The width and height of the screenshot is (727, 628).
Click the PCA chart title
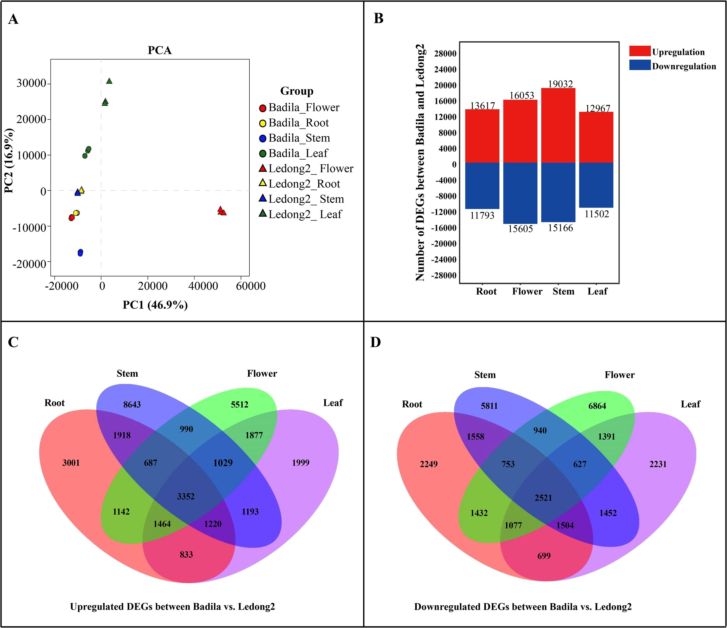pyautogui.click(x=160, y=50)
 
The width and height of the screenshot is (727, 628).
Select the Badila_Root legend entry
pyautogui.click(x=298, y=123)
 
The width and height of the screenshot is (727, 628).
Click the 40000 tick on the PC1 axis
pyautogui.click(x=203, y=286)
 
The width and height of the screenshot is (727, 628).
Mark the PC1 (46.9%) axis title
pyautogui.click(x=155, y=305)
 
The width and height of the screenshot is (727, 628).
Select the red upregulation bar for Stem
pyautogui.click(x=558, y=125)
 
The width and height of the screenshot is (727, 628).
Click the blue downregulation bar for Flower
pyautogui.click(x=520, y=193)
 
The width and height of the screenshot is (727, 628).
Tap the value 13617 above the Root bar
pyautogui.click(x=483, y=106)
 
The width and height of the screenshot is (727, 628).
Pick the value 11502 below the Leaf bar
pyautogui.click(x=597, y=214)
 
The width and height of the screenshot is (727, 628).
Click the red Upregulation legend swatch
pyautogui.click(x=640, y=51)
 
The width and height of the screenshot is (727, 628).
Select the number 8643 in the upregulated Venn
pyautogui.click(x=132, y=404)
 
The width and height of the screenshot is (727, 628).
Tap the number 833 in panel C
pyautogui.click(x=186, y=554)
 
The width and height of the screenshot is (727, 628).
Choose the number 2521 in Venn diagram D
pyautogui.click(x=543, y=498)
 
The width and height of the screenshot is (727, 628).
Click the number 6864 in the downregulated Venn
pyautogui.click(x=597, y=406)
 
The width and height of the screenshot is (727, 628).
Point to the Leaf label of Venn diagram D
pyautogui.click(x=690, y=404)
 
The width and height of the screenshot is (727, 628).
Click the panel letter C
pyautogui.click(x=13, y=342)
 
